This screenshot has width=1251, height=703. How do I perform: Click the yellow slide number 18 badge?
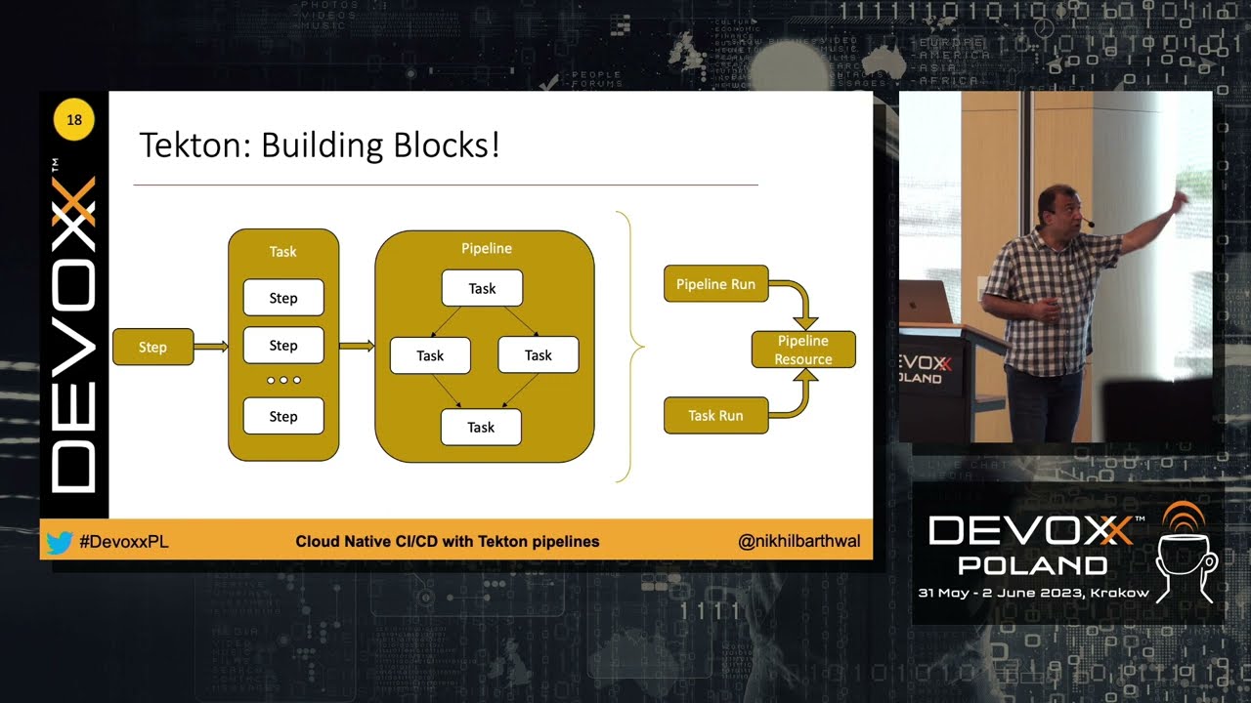[x=74, y=121]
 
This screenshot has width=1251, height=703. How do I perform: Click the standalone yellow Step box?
[x=152, y=347]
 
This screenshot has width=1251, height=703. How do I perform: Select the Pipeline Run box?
[x=715, y=284]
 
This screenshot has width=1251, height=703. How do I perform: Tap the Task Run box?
[x=715, y=415]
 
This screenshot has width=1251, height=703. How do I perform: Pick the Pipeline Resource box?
[x=803, y=350]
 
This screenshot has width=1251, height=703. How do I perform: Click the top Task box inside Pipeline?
[x=482, y=288]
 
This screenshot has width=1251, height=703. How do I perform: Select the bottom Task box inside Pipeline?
[x=481, y=427]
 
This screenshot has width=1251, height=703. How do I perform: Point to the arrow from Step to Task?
[x=210, y=346]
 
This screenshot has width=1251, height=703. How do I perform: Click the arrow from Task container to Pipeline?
[x=357, y=346]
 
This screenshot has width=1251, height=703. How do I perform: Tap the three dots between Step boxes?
[x=283, y=380]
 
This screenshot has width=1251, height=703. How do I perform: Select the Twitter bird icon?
[x=60, y=542]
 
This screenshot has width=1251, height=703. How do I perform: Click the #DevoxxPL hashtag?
[x=123, y=542]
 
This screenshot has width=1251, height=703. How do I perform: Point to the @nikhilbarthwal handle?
[x=799, y=541]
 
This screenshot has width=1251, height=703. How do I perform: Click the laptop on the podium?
[x=925, y=302]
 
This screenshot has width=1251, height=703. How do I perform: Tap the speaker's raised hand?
[x=1180, y=200]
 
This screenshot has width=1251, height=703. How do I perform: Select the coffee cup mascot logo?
[x=1185, y=553]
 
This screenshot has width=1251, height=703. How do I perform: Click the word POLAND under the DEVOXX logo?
[x=1032, y=565]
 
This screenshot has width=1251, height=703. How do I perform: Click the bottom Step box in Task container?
[x=283, y=416]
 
